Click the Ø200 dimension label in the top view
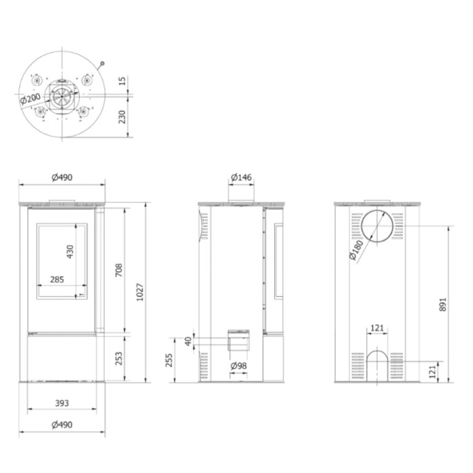coord(30,99)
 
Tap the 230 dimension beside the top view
coord(122,117)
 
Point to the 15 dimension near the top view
coord(122,81)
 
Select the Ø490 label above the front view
coord(62,177)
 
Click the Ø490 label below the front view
coord(62,425)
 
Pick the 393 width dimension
coord(62,403)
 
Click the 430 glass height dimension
coord(70,251)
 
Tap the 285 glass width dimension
coord(57,279)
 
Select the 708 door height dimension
coord(119,270)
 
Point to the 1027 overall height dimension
coord(140,292)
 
